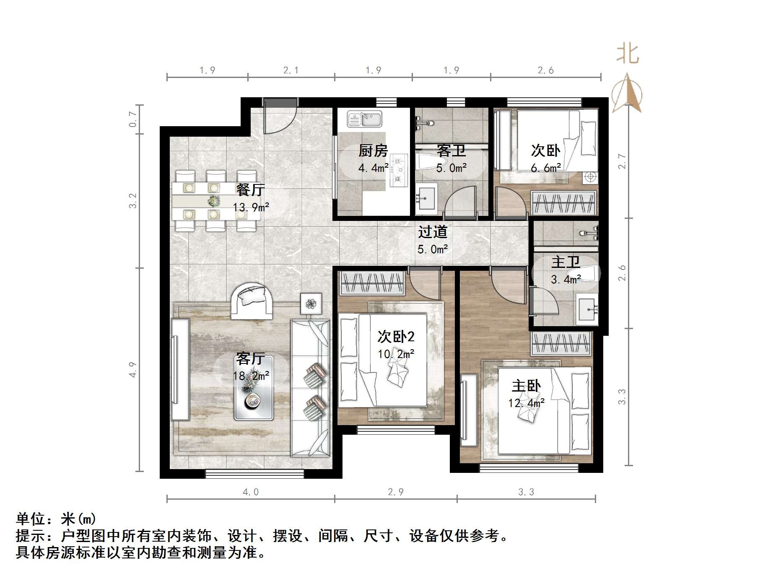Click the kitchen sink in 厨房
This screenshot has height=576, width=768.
364,119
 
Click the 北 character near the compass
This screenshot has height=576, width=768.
628,54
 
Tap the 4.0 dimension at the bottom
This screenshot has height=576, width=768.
251,492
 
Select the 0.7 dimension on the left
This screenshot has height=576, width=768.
133,119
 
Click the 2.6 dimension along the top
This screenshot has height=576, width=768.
545,70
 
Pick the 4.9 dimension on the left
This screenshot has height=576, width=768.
133,369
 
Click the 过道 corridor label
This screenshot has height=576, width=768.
433,232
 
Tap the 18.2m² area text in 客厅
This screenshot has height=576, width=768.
251,376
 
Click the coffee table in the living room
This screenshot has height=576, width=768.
254,388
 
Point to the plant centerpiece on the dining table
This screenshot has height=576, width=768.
214,201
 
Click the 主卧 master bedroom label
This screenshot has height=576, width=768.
526,386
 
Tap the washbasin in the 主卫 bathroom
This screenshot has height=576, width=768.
587,309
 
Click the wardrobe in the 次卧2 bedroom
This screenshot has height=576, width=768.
371,283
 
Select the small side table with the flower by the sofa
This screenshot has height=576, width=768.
311,304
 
